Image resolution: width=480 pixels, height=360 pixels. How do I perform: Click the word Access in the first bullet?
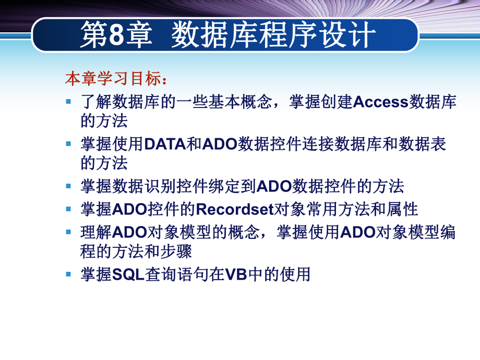pyautogui.click(x=380, y=101)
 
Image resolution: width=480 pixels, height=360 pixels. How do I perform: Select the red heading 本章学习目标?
pyautogui.click(x=113, y=79)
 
